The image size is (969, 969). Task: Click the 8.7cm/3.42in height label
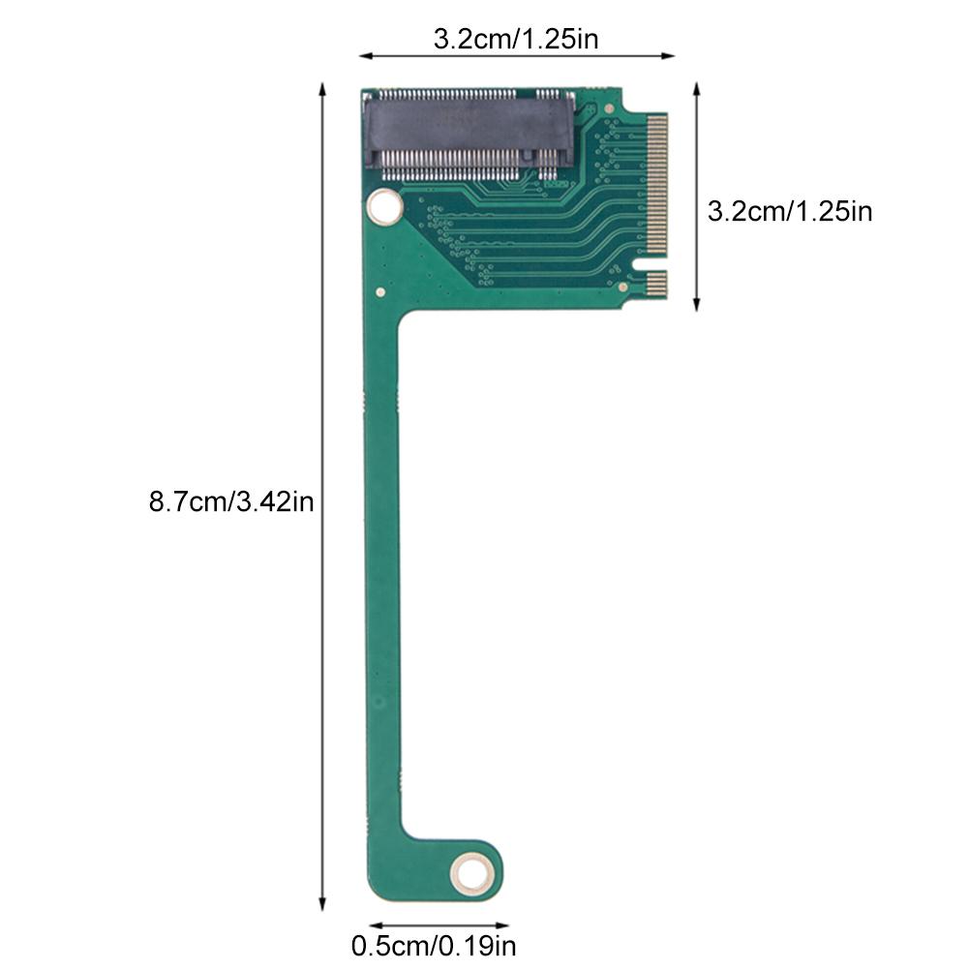(230, 502)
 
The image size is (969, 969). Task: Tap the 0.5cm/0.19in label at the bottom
(434, 945)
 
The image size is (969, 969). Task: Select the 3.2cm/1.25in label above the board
(516, 40)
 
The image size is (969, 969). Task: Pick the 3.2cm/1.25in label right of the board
(790, 211)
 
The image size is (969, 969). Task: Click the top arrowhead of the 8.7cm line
(323, 88)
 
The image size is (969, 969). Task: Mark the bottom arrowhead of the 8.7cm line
(323, 907)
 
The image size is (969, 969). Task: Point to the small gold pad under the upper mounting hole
(381, 290)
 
